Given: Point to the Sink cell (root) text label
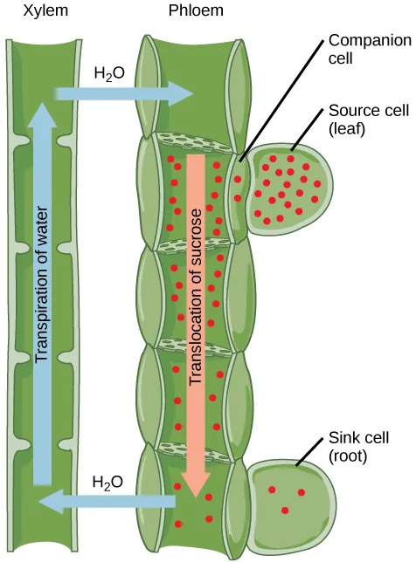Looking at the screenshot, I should point(358,446).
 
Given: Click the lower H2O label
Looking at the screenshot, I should point(108,482).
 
